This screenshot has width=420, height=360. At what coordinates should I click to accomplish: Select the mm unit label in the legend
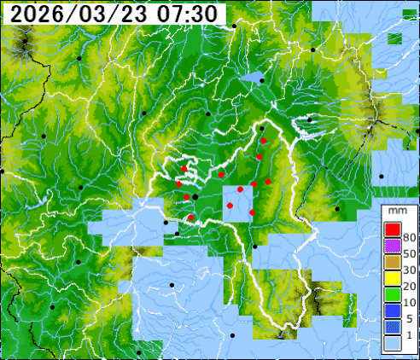coord(396,210)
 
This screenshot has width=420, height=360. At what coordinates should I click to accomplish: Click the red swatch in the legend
coord(393,229)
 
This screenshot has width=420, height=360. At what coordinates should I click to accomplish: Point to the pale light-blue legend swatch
coord(393,342)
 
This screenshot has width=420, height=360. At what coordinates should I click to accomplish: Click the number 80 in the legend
coord(409,237)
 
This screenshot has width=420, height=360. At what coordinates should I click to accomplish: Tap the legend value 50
coord(409,255)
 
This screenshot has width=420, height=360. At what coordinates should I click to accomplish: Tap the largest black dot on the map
coord(195,198)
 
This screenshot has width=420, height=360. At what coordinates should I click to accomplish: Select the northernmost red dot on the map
coord(265,140)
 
